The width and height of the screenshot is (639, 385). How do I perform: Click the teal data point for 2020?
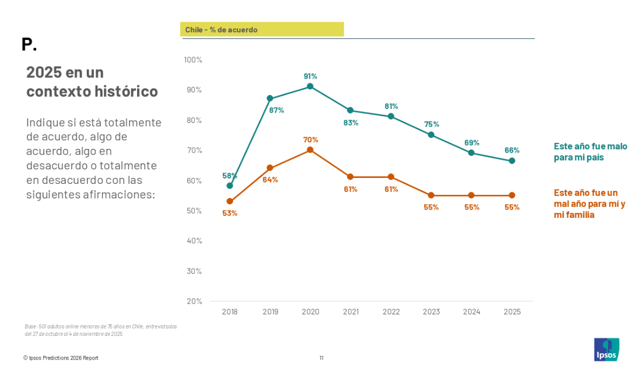(310, 86)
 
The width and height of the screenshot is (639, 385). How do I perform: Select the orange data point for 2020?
(310, 150)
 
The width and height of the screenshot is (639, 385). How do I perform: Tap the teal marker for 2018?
(230, 185)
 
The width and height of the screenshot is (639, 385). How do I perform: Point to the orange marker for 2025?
(512, 195)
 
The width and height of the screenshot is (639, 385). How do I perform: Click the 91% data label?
(310, 76)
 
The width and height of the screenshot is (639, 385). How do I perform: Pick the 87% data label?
(277, 110)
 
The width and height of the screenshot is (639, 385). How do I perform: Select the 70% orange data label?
(310, 140)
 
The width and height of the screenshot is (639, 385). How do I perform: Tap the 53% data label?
(230, 213)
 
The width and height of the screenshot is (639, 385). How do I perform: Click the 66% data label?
(512, 150)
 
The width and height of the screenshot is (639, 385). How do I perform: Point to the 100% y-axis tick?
(193, 59)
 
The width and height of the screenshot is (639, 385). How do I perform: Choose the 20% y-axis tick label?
(194, 301)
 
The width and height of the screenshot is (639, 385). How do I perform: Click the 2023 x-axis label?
(431, 312)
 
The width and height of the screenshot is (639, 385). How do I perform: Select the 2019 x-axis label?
(270, 312)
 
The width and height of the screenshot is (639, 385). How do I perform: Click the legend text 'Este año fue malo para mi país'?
(590, 152)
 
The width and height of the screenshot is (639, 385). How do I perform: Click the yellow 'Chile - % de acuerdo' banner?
(262, 30)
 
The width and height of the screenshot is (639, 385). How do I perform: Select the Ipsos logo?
(606, 349)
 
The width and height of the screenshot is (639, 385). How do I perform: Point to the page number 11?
(321, 357)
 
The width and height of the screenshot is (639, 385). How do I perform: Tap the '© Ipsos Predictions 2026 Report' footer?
(61, 357)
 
